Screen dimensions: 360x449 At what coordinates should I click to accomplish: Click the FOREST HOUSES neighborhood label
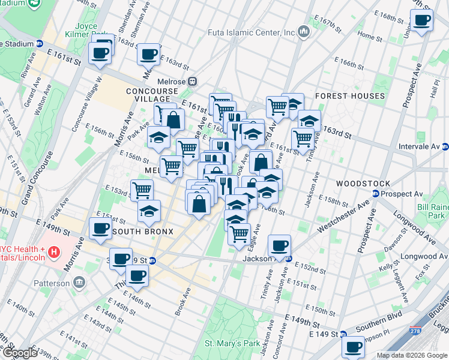click(x=349, y=96)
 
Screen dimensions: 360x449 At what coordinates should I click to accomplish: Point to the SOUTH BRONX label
click(x=143, y=232)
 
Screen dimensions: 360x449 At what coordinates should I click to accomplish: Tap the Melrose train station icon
click(x=193, y=81)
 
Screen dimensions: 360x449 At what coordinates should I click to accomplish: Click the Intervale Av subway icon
click(x=445, y=146)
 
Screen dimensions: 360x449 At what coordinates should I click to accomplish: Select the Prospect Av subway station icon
click(x=376, y=194)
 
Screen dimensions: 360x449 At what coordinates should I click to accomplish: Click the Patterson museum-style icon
click(x=79, y=283)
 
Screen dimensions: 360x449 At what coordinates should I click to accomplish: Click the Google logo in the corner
click(x=19, y=353)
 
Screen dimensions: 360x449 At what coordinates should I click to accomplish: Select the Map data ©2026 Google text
click(x=411, y=355)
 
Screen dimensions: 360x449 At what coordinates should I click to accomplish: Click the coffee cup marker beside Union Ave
click(x=422, y=21)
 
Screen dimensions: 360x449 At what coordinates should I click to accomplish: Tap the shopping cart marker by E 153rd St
click(x=142, y=190)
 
